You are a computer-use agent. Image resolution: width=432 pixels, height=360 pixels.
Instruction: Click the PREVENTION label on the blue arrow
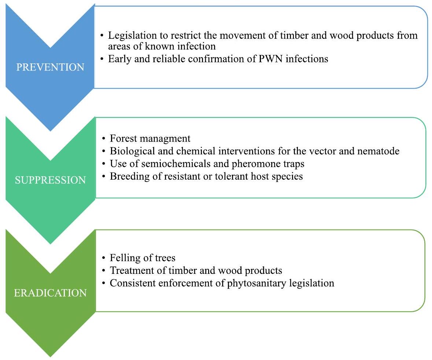(x=50, y=67)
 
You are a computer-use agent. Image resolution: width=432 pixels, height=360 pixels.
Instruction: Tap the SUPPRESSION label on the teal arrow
(x=50, y=180)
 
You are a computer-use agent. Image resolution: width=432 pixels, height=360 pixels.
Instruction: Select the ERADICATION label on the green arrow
(x=50, y=293)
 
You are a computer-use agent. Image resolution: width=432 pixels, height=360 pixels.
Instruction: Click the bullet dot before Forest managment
(x=104, y=139)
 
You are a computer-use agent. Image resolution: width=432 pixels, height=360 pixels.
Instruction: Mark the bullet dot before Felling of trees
(x=104, y=258)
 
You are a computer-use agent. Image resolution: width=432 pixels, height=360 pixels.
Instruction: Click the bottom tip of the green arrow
(x=50, y=356)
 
